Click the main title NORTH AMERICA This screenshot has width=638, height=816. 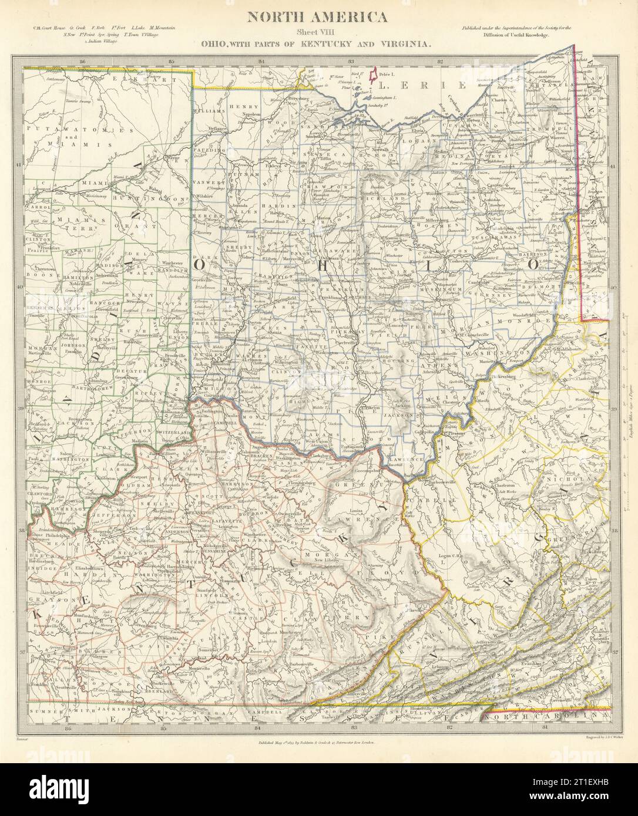pos(319,17)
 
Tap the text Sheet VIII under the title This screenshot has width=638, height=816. pos(319,33)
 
